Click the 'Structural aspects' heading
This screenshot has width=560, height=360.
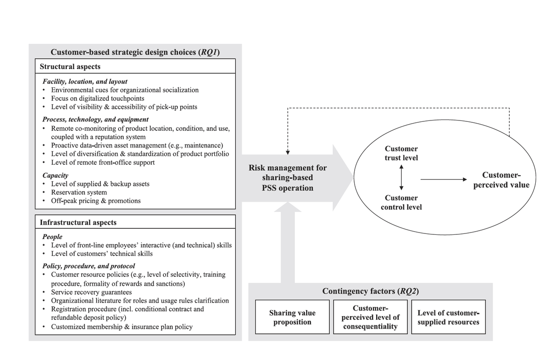70,67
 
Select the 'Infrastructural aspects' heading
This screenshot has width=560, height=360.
78,223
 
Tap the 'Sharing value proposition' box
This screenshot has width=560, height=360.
292,317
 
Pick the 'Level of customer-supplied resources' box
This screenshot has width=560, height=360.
448,317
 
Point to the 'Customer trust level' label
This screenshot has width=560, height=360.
401,153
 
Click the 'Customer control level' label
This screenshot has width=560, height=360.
401,202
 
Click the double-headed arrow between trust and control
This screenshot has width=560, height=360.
401,178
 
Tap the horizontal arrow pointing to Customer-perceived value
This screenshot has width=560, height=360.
443,179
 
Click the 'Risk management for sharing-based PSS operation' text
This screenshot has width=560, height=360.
287,178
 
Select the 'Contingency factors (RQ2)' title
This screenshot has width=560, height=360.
370,291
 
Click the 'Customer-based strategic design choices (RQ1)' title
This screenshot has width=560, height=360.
135,52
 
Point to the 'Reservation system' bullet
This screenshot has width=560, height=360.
79,192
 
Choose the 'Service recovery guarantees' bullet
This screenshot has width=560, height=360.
91,292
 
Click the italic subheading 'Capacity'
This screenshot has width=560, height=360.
56,176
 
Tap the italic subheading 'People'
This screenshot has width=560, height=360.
52,237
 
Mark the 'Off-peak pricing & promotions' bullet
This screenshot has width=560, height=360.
96,201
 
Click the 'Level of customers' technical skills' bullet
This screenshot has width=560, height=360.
102,254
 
